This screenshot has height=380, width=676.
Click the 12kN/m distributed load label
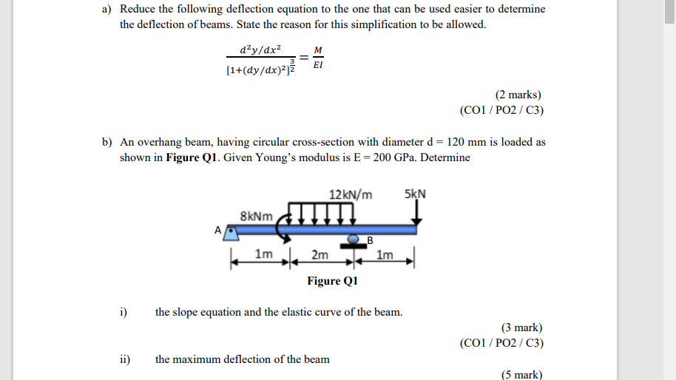click(351, 195)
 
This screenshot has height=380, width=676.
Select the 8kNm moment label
click(257, 217)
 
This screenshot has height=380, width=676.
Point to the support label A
click(218, 230)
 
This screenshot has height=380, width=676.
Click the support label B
click(371, 240)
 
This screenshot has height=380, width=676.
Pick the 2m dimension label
click(320, 255)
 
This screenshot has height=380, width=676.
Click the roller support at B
click(355, 241)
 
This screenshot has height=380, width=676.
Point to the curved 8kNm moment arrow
click(282, 225)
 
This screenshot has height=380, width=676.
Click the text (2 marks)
click(518, 95)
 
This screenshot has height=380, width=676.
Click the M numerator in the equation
click(318, 50)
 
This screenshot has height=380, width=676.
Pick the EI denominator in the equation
click(318, 66)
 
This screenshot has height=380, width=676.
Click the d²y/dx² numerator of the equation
click(260, 50)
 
